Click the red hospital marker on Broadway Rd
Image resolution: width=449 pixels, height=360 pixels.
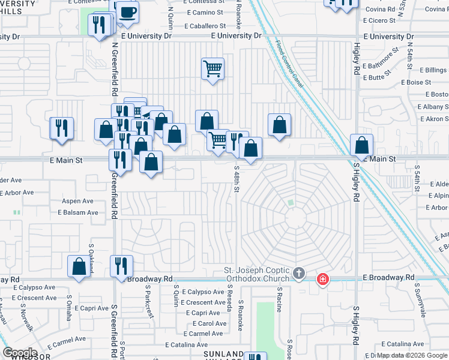tap(323, 279)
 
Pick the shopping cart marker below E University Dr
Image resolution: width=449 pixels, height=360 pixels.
tap(212, 68)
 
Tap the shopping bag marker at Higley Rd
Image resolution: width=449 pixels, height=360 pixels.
tap(361, 145)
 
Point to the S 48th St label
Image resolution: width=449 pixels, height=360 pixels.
tap(237, 178)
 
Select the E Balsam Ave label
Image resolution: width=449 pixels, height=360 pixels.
tap(78, 212)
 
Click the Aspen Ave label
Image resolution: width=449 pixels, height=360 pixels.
tap(78, 201)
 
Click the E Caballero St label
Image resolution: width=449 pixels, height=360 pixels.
tap(205, 26)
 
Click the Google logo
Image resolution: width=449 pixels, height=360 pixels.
tap(19, 353)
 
